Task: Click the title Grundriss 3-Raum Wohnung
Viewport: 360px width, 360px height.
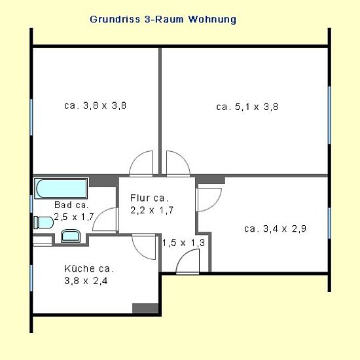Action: click(163, 20)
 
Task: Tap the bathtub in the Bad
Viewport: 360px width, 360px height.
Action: click(61, 189)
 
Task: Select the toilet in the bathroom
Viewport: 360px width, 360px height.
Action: click(43, 223)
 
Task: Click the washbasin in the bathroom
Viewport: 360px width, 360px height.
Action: click(71, 236)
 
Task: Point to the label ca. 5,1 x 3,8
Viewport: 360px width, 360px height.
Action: click(247, 107)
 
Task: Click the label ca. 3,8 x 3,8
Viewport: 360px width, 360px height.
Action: click(95, 105)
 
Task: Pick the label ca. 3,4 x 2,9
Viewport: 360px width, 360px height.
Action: click(275, 228)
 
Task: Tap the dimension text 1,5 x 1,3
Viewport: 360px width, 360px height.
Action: click(183, 243)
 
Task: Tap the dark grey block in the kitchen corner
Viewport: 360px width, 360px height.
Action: click(145, 308)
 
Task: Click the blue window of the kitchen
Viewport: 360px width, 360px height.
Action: click(31, 278)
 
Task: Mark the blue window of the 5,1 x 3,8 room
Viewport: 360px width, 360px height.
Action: click(329, 115)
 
